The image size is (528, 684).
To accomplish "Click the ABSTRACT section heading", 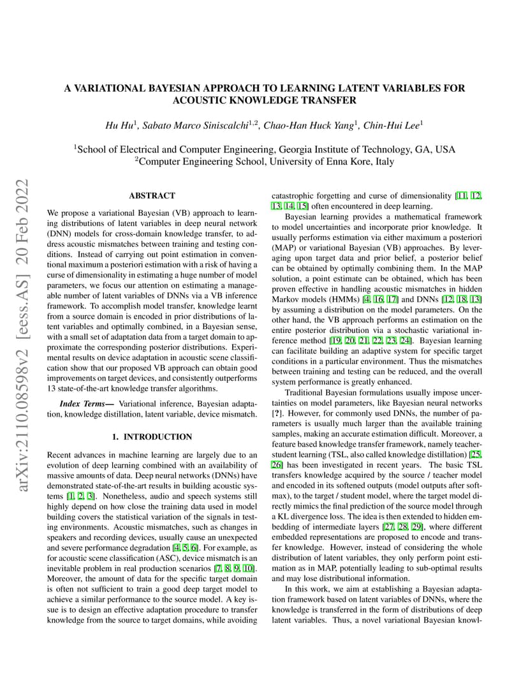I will [x=152, y=196].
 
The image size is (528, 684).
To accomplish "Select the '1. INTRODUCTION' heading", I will [x=152, y=437].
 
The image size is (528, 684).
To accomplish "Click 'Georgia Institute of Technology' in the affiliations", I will [x=345, y=150].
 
